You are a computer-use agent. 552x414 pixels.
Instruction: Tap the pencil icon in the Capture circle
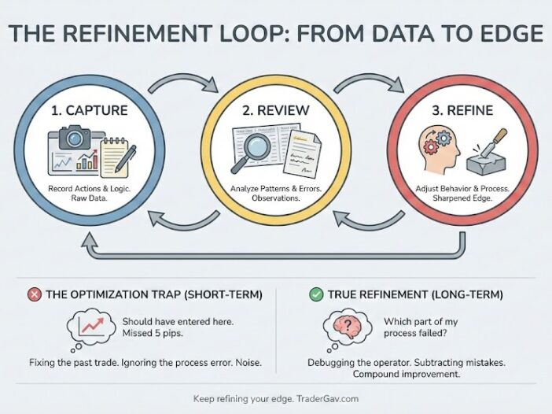pos(123,157)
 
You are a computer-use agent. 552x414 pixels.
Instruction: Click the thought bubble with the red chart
pos(92,326)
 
